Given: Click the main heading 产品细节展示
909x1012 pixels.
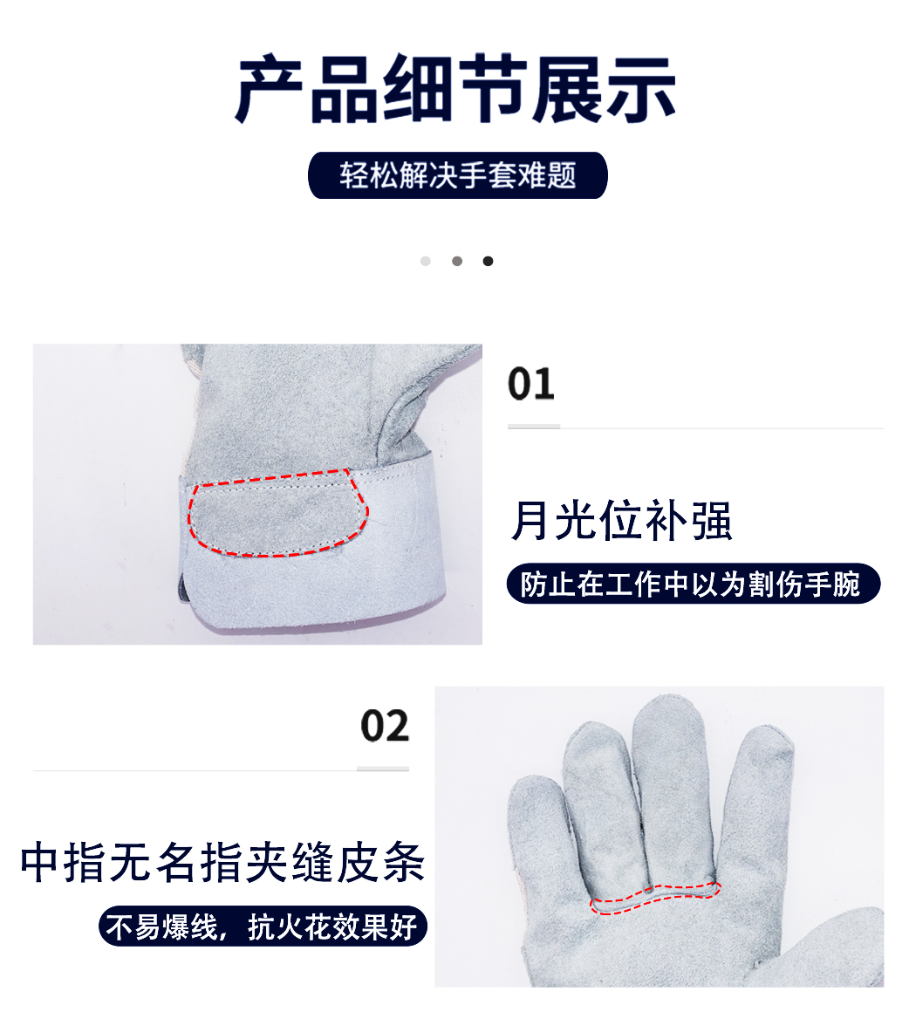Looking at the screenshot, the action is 455,89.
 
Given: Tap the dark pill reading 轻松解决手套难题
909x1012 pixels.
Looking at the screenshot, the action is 458,175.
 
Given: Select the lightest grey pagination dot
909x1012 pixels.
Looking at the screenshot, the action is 426,261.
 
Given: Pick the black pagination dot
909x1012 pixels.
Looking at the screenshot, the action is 488,261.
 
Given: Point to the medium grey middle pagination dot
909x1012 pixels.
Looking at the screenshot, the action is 457,261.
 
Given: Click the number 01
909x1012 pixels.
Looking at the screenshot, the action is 530,384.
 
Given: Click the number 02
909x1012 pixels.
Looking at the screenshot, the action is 385,726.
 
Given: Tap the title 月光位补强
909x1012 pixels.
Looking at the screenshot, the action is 621,520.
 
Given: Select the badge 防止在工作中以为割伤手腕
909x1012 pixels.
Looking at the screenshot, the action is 694,585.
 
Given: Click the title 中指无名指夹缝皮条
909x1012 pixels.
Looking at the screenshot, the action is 222,862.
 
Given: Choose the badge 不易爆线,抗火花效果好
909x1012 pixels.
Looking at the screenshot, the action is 263,927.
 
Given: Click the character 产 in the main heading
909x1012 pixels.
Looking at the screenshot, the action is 268,90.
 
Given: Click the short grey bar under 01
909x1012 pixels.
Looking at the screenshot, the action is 534,427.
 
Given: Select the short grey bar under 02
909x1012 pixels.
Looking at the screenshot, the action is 383,769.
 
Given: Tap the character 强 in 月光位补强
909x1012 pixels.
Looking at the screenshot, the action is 712,520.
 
